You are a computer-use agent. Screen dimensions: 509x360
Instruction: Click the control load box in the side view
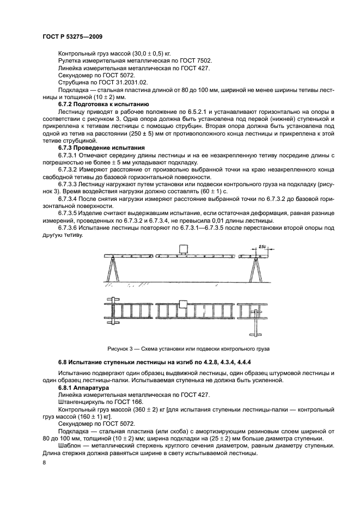[x=182, y=250]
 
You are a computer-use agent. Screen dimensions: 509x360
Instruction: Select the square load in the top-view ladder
[x=182, y=303]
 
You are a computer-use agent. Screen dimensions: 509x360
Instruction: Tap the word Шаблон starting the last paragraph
[x=70, y=445]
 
